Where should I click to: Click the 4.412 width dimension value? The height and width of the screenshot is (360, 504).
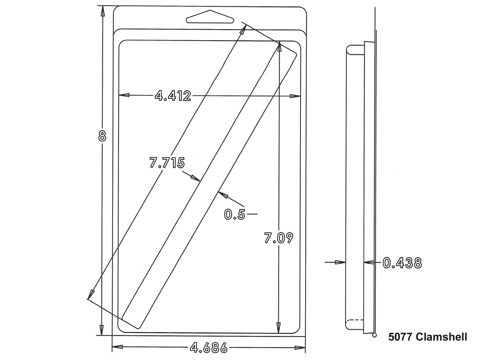[173, 96]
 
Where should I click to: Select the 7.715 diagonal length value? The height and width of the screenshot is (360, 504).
[167, 162]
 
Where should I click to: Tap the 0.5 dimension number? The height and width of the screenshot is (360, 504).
[234, 214]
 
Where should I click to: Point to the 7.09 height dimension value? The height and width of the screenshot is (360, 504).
[278, 238]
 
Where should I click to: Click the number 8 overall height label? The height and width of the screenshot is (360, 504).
[102, 136]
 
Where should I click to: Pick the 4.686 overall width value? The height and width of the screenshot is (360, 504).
[209, 348]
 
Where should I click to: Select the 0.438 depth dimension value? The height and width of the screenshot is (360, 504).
[402, 263]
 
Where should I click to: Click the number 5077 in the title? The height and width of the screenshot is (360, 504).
[400, 337]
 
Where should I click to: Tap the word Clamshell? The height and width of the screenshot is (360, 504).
[441, 337]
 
